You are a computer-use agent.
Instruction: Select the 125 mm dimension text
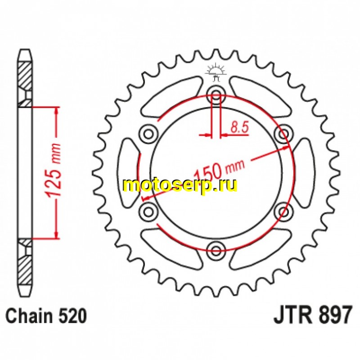point(53,171)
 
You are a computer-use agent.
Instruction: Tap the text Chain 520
point(46,316)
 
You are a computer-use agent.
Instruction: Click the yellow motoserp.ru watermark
point(180,186)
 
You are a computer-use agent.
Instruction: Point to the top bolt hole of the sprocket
point(216,94)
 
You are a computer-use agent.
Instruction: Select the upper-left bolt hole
point(148,133)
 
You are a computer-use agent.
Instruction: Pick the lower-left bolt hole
point(148,211)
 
